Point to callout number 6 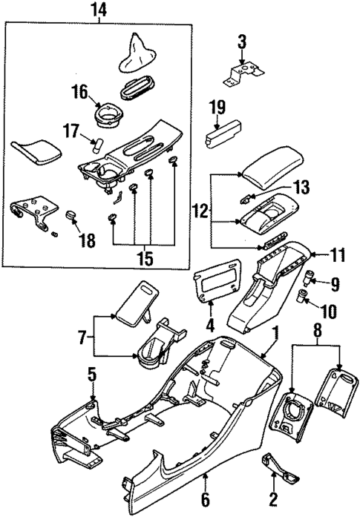(206, 501)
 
